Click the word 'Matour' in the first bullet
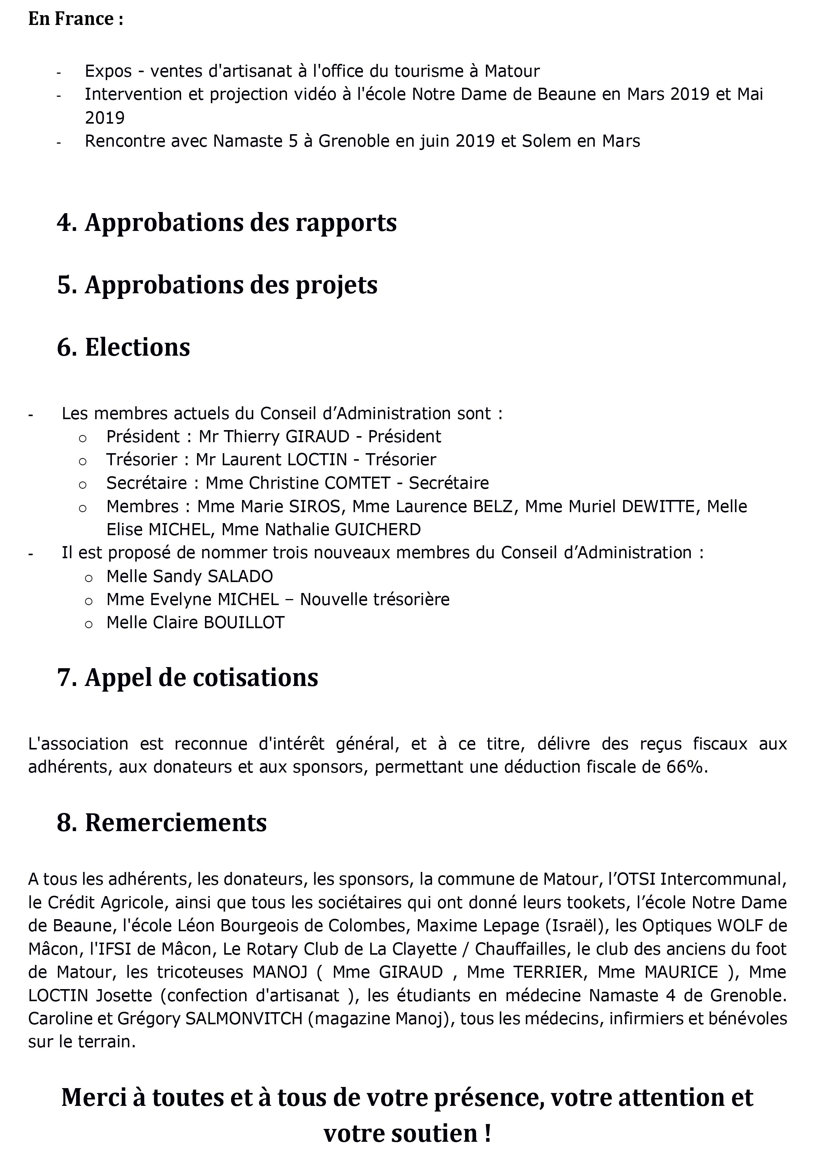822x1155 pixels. (x=512, y=71)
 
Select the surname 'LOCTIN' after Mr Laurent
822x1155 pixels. (x=317, y=459)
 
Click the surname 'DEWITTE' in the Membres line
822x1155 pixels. (x=658, y=506)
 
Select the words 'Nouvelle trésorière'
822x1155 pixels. (x=375, y=599)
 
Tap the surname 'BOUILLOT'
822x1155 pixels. (x=244, y=622)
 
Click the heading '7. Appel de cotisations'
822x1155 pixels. (x=187, y=677)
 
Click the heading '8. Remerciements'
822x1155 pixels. (x=161, y=823)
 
